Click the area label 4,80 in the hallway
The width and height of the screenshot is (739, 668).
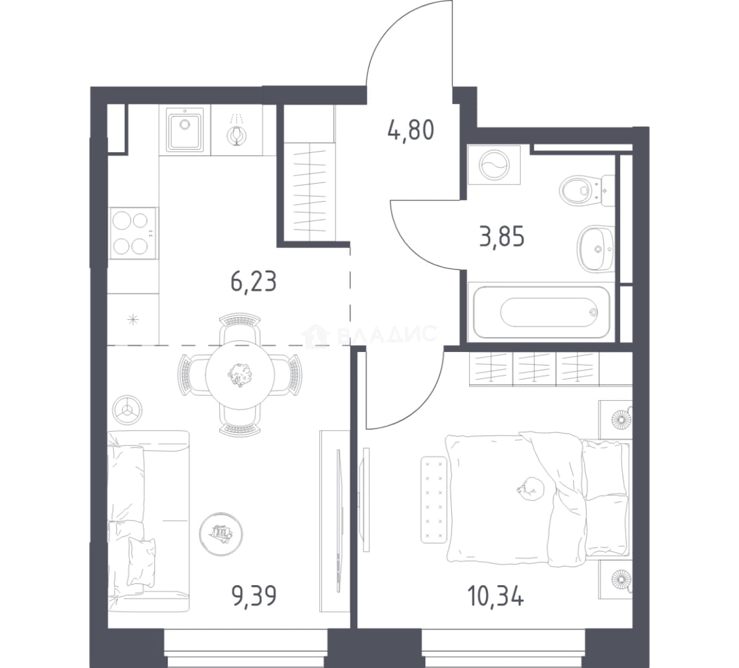(410, 131)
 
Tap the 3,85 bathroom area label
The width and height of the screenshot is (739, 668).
(501, 236)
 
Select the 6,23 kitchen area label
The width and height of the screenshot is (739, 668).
(254, 281)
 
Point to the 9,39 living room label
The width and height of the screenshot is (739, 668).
(254, 595)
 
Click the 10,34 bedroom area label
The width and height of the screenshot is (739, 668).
(495, 595)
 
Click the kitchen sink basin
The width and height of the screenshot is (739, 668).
(184, 130)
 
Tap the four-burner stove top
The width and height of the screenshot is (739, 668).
(133, 233)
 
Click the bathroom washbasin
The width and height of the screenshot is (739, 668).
(596, 248)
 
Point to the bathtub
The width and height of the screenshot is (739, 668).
(542, 312)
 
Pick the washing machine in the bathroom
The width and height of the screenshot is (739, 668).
(494, 165)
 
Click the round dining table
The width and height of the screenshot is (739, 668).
(240, 375)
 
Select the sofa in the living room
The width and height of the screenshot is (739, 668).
(148, 521)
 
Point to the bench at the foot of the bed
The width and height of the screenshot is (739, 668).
(434, 499)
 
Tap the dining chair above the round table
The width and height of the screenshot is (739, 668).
(240, 328)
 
